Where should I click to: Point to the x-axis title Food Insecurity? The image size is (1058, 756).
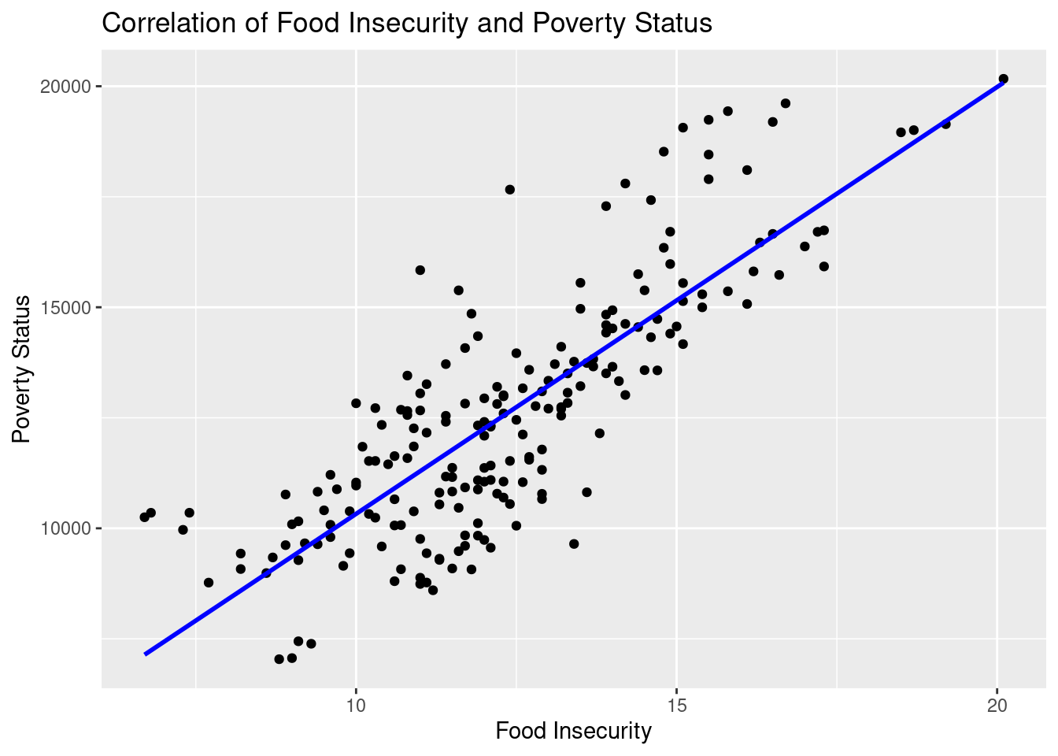573,732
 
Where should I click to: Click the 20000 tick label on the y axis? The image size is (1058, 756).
66,87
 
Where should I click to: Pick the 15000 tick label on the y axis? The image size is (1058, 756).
66,307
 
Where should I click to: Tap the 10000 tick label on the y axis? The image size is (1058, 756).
66,528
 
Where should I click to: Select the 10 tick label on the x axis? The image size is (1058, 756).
356,703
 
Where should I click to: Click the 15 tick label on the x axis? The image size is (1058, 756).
676,703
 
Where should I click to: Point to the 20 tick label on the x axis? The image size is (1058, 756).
997,703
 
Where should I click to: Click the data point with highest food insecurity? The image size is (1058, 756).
1003,79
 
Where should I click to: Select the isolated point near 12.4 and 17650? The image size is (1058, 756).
509,189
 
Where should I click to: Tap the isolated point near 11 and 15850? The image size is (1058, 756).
420,270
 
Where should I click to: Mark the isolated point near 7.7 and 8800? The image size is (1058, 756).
209,583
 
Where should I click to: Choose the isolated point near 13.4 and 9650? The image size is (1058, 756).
574,543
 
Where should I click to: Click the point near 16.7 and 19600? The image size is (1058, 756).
785,103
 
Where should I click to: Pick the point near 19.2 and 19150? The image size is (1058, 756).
945,124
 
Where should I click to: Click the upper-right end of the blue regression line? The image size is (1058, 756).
1003,82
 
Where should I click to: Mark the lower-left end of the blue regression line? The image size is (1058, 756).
145,654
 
